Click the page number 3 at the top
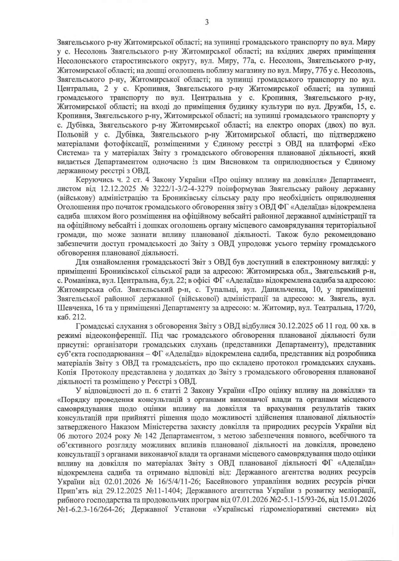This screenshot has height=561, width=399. point(207,22)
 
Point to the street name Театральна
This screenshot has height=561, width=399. point(333,308)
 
